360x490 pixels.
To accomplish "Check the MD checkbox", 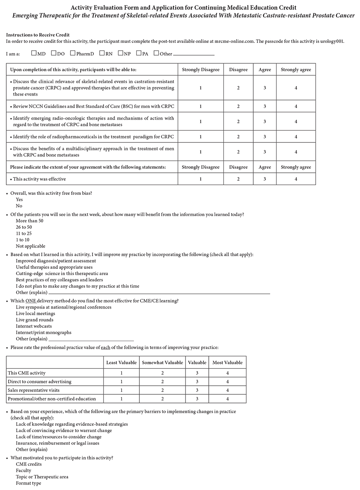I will point(34,53).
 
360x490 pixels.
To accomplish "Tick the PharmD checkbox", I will point(73,53).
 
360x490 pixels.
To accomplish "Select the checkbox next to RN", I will point(102,53).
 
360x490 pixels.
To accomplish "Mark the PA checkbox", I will point(139,53).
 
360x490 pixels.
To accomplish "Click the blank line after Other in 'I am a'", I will point(193,54).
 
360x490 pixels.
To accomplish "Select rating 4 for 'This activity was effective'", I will point(296,179).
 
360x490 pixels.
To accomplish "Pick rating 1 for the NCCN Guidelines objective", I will point(200,106).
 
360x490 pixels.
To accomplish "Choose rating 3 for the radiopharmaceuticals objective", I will point(265,137).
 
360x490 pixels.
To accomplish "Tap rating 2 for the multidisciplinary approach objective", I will point(238,152).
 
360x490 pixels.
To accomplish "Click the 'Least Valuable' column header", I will point(121,362).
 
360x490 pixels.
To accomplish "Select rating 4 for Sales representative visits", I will point(228,390).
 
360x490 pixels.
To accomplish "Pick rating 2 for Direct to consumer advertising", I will point(162,381).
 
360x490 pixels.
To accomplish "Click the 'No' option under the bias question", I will point(19,206).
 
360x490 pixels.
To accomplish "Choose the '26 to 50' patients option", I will point(24,227).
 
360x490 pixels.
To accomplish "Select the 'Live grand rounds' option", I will point(35,320).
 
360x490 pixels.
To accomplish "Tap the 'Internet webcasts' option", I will point(34,326).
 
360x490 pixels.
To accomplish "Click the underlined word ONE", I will point(31,301).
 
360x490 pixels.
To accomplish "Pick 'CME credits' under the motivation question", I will point(29,464).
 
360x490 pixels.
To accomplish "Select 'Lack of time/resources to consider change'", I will point(59,437).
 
